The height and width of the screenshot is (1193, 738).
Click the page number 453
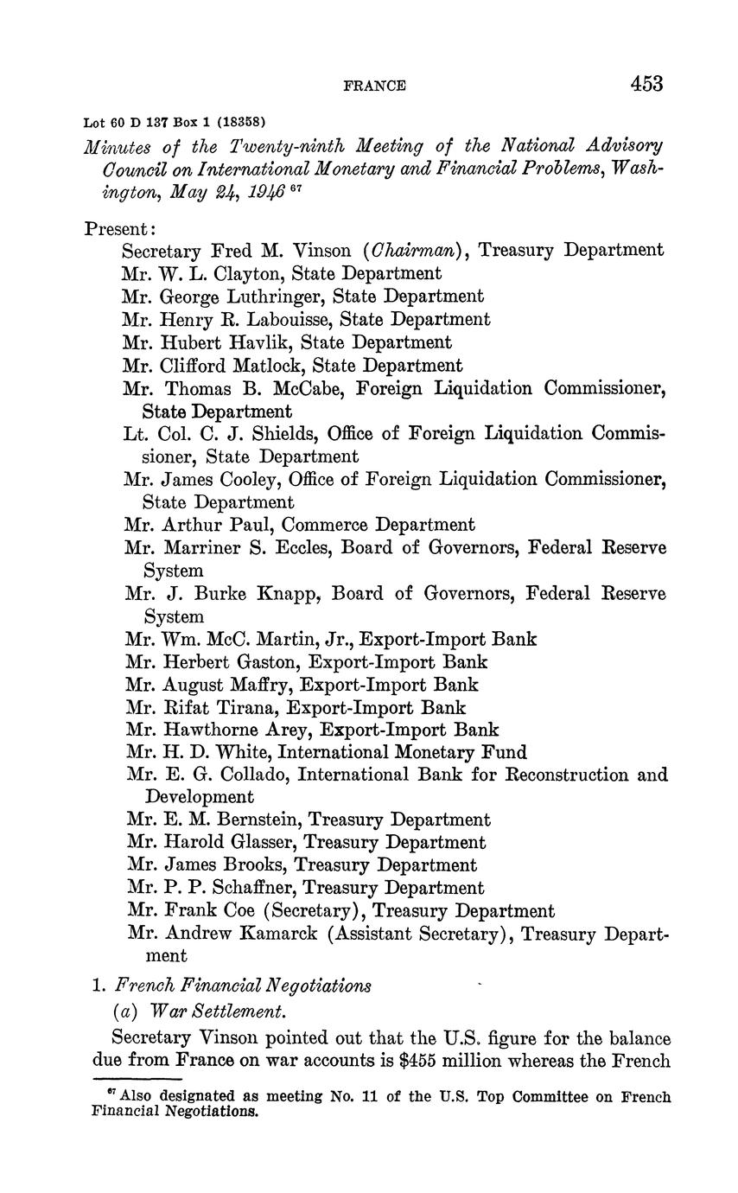646,83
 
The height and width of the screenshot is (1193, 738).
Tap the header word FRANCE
374,86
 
